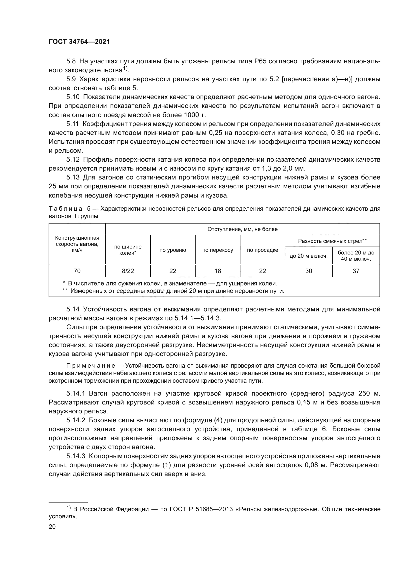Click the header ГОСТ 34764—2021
[x=79, y=42]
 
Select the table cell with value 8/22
[x=128, y=271]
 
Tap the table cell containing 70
[x=77, y=271]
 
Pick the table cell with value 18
[x=217, y=271]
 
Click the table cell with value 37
[x=356, y=271]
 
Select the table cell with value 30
[x=309, y=271]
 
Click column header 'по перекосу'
[x=217, y=250]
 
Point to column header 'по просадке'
[x=262, y=250]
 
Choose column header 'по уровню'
[x=173, y=250]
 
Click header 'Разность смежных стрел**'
[x=332, y=241]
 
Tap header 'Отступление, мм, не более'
[x=242, y=229]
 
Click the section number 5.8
[x=71, y=61]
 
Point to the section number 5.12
[x=73, y=160]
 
